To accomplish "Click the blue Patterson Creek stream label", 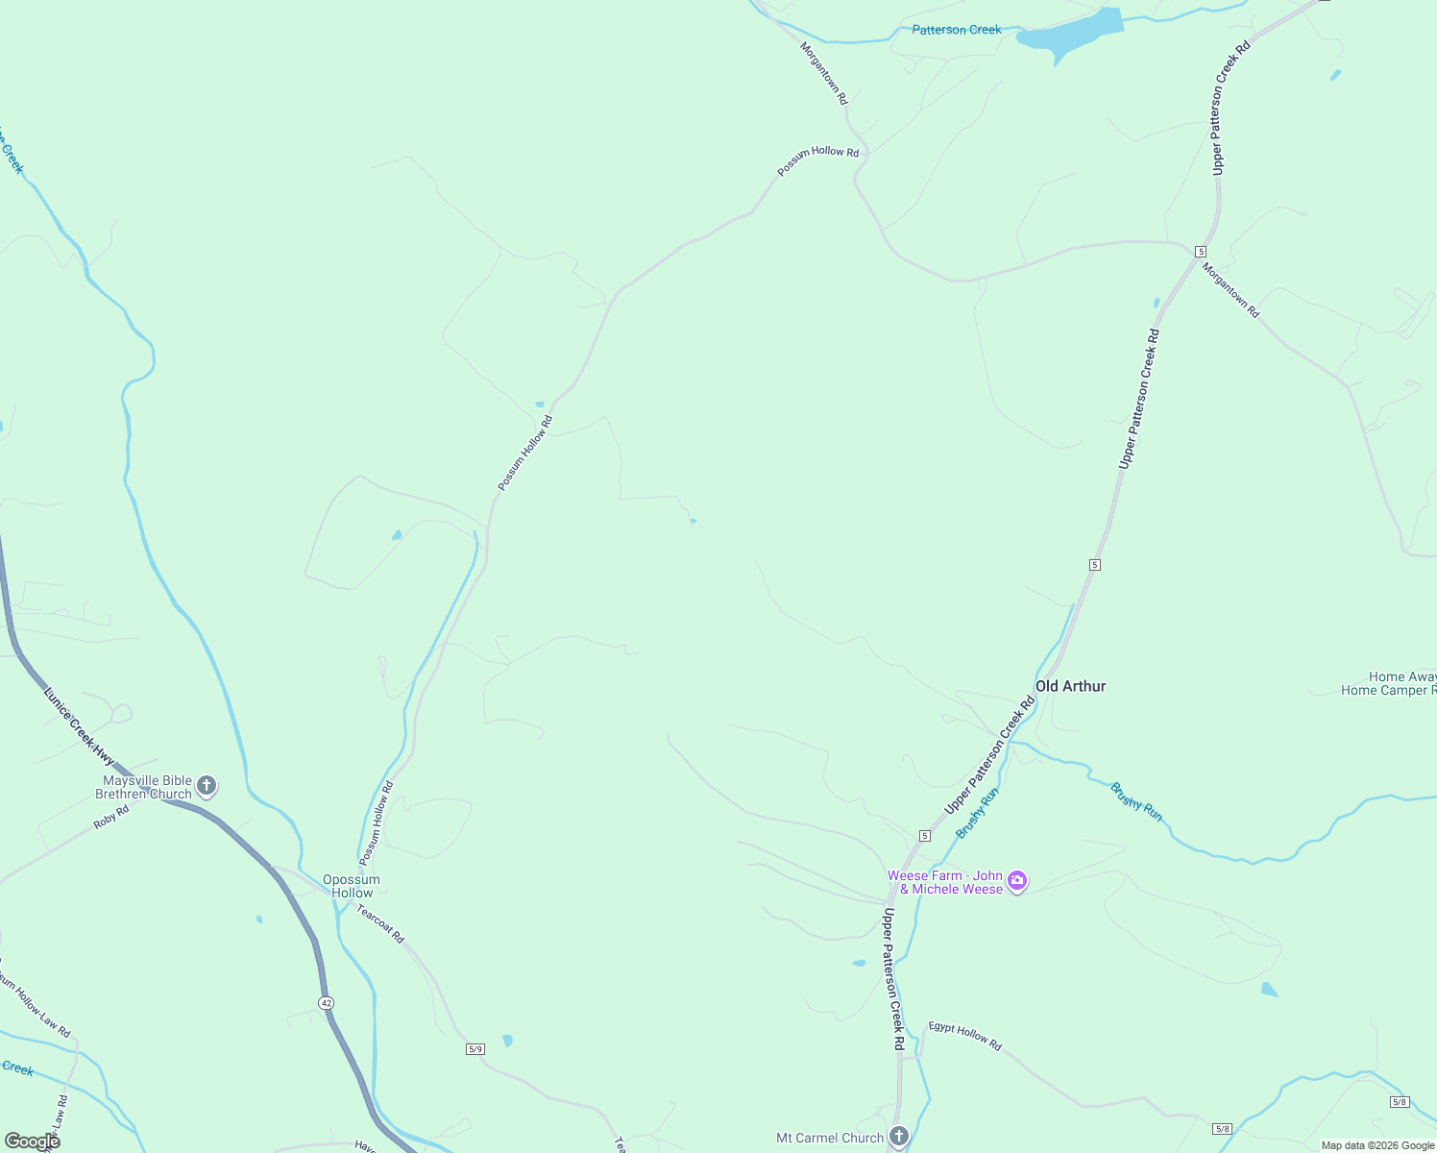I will pyautogui.click(x=956, y=30).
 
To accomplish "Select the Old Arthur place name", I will pyautogui.click(x=1070, y=686).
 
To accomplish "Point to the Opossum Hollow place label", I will pyautogui.click(x=352, y=886).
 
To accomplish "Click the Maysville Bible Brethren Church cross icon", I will pyautogui.click(x=207, y=787).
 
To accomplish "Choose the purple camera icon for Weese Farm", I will pyautogui.click(x=1017, y=881).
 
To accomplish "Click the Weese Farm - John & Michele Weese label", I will pyautogui.click(x=946, y=882).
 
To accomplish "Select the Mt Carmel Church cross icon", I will pyautogui.click(x=898, y=1138).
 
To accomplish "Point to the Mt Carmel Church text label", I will pyautogui.click(x=830, y=1138).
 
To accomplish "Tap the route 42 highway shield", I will pyautogui.click(x=327, y=1002).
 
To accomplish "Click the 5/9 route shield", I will pyautogui.click(x=475, y=1048).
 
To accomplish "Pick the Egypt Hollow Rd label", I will pyautogui.click(x=964, y=1035).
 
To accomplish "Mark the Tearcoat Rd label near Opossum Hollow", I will pyautogui.click(x=380, y=923).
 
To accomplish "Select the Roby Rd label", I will pyautogui.click(x=111, y=818).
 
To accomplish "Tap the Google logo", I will pyautogui.click(x=32, y=1141).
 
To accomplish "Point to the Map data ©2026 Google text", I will pyautogui.click(x=1376, y=1145).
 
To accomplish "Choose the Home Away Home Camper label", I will pyautogui.click(x=1389, y=683).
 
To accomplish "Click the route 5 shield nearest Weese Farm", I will pyautogui.click(x=924, y=836).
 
